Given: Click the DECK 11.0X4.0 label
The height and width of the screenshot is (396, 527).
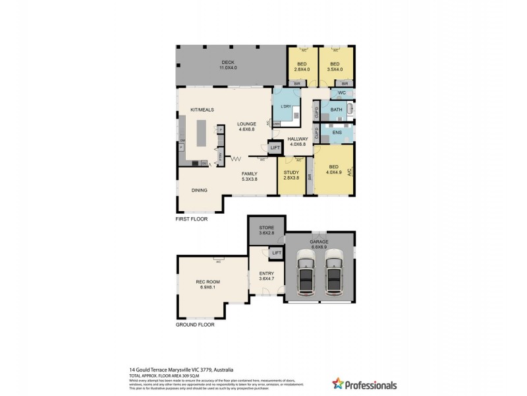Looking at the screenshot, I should click(229, 65).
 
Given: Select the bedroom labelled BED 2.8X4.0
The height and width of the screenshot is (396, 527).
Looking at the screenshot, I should click(302, 67).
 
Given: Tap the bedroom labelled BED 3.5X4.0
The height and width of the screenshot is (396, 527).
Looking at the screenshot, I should click(335, 67).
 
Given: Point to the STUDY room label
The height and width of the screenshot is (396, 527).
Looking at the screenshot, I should click(291, 174).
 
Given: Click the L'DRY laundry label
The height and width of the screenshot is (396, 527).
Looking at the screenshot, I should click(286, 106).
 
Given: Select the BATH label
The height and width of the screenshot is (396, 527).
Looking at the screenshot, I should click(336, 110).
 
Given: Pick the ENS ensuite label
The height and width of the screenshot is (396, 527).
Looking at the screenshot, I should click(337, 133).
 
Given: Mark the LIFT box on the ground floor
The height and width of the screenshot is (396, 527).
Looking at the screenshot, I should click(276, 253).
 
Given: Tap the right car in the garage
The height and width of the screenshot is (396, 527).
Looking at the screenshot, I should click(334, 273).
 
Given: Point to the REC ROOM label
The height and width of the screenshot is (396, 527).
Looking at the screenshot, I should click(208, 284).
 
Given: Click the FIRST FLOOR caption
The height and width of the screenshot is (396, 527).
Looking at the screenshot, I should click(192, 218).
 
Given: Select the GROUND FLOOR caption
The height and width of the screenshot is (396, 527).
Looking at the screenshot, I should click(195, 325).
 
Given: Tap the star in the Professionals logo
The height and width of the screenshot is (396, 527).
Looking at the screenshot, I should click(339, 383).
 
